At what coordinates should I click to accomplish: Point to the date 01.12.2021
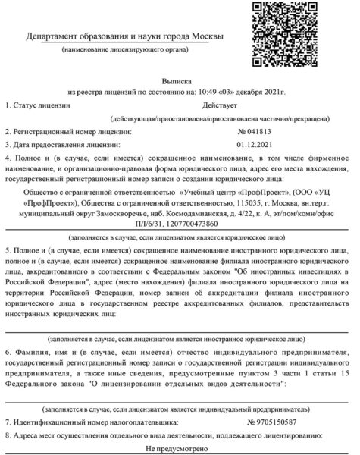(x=254, y=143)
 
